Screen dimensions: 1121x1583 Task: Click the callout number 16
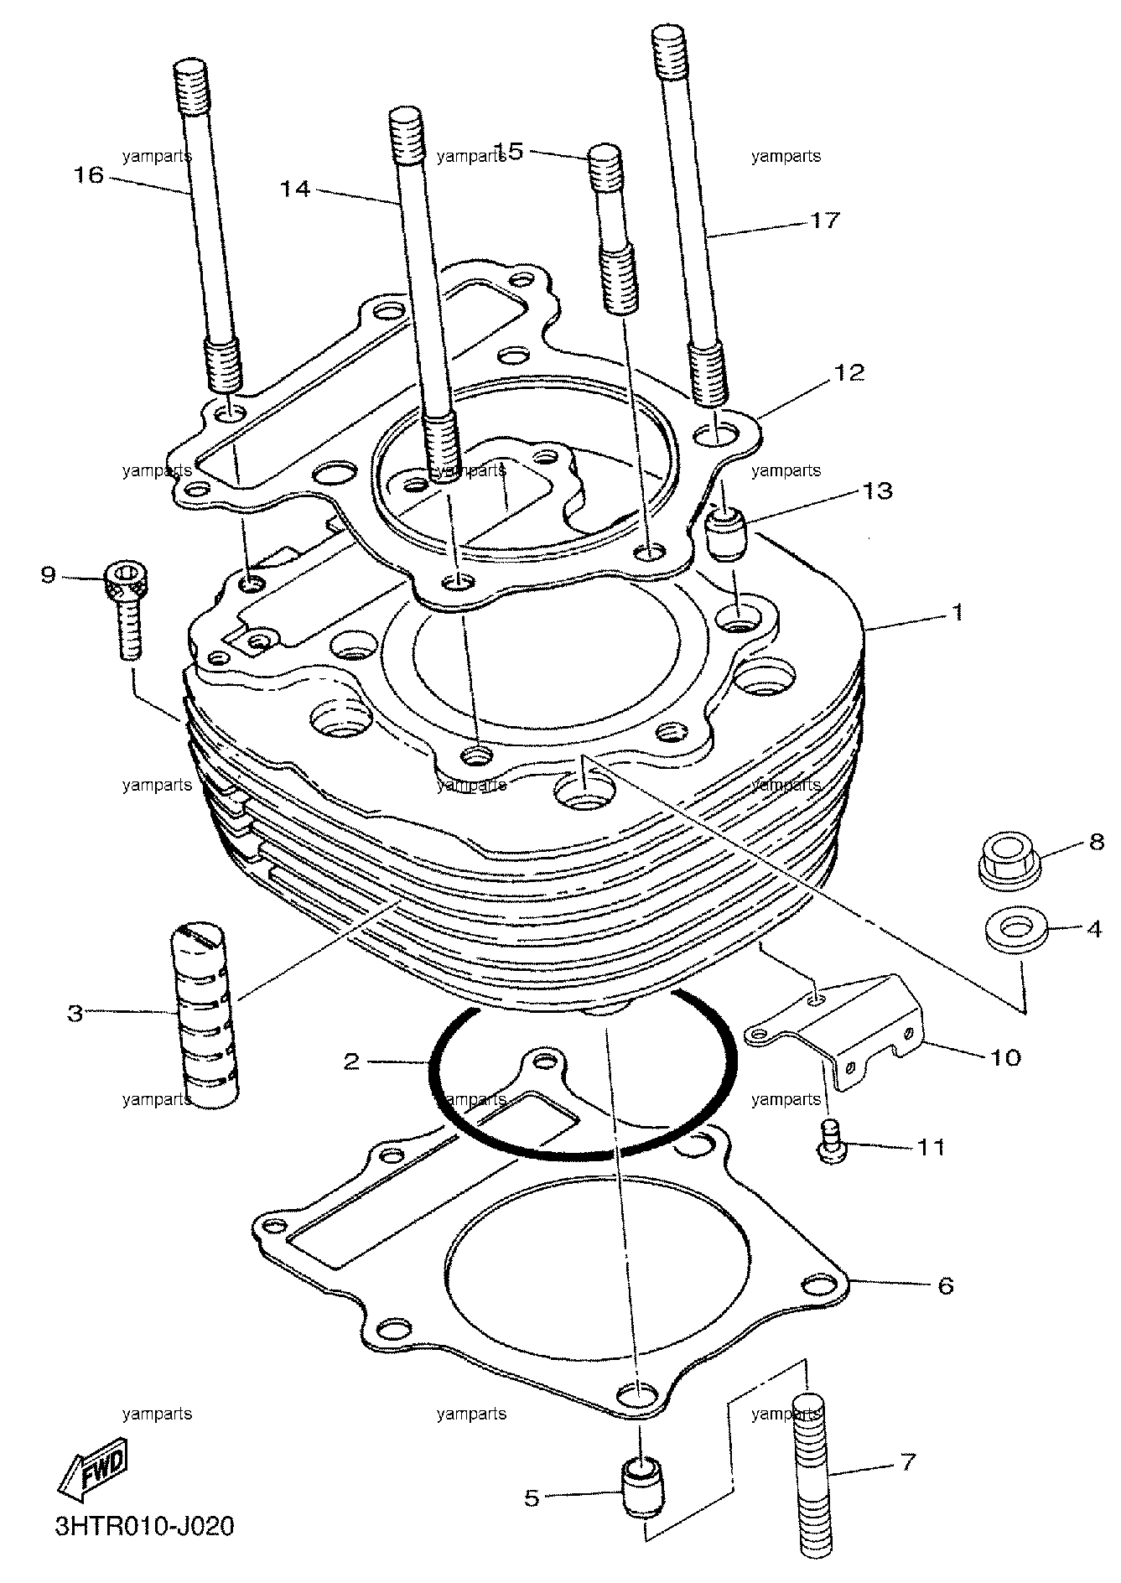pyautogui.click(x=88, y=175)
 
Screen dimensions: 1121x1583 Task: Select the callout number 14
pyautogui.click(x=295, y=189)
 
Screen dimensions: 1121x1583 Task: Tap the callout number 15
pyautogui.click(x=508, y=151)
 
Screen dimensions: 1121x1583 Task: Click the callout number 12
pyautogui.click(x=849, y=372)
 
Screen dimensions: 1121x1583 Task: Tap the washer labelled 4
pyautogui.click(x=1013, y=929)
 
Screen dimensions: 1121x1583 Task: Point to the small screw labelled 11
pyautogui.click(x=830, y=1140)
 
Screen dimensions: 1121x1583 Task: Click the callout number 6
pyautogui.click(x=945, y=1285)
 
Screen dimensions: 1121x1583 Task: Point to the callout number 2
pyautogui.click(x=351, y=1062)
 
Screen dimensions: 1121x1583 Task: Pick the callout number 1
pyautogui.click(x=956, y=613)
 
